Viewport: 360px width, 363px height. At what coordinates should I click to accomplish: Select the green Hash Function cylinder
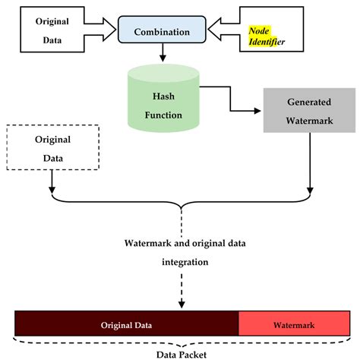coord(163,103)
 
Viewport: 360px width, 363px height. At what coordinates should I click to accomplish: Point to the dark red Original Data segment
coord(127,324)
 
